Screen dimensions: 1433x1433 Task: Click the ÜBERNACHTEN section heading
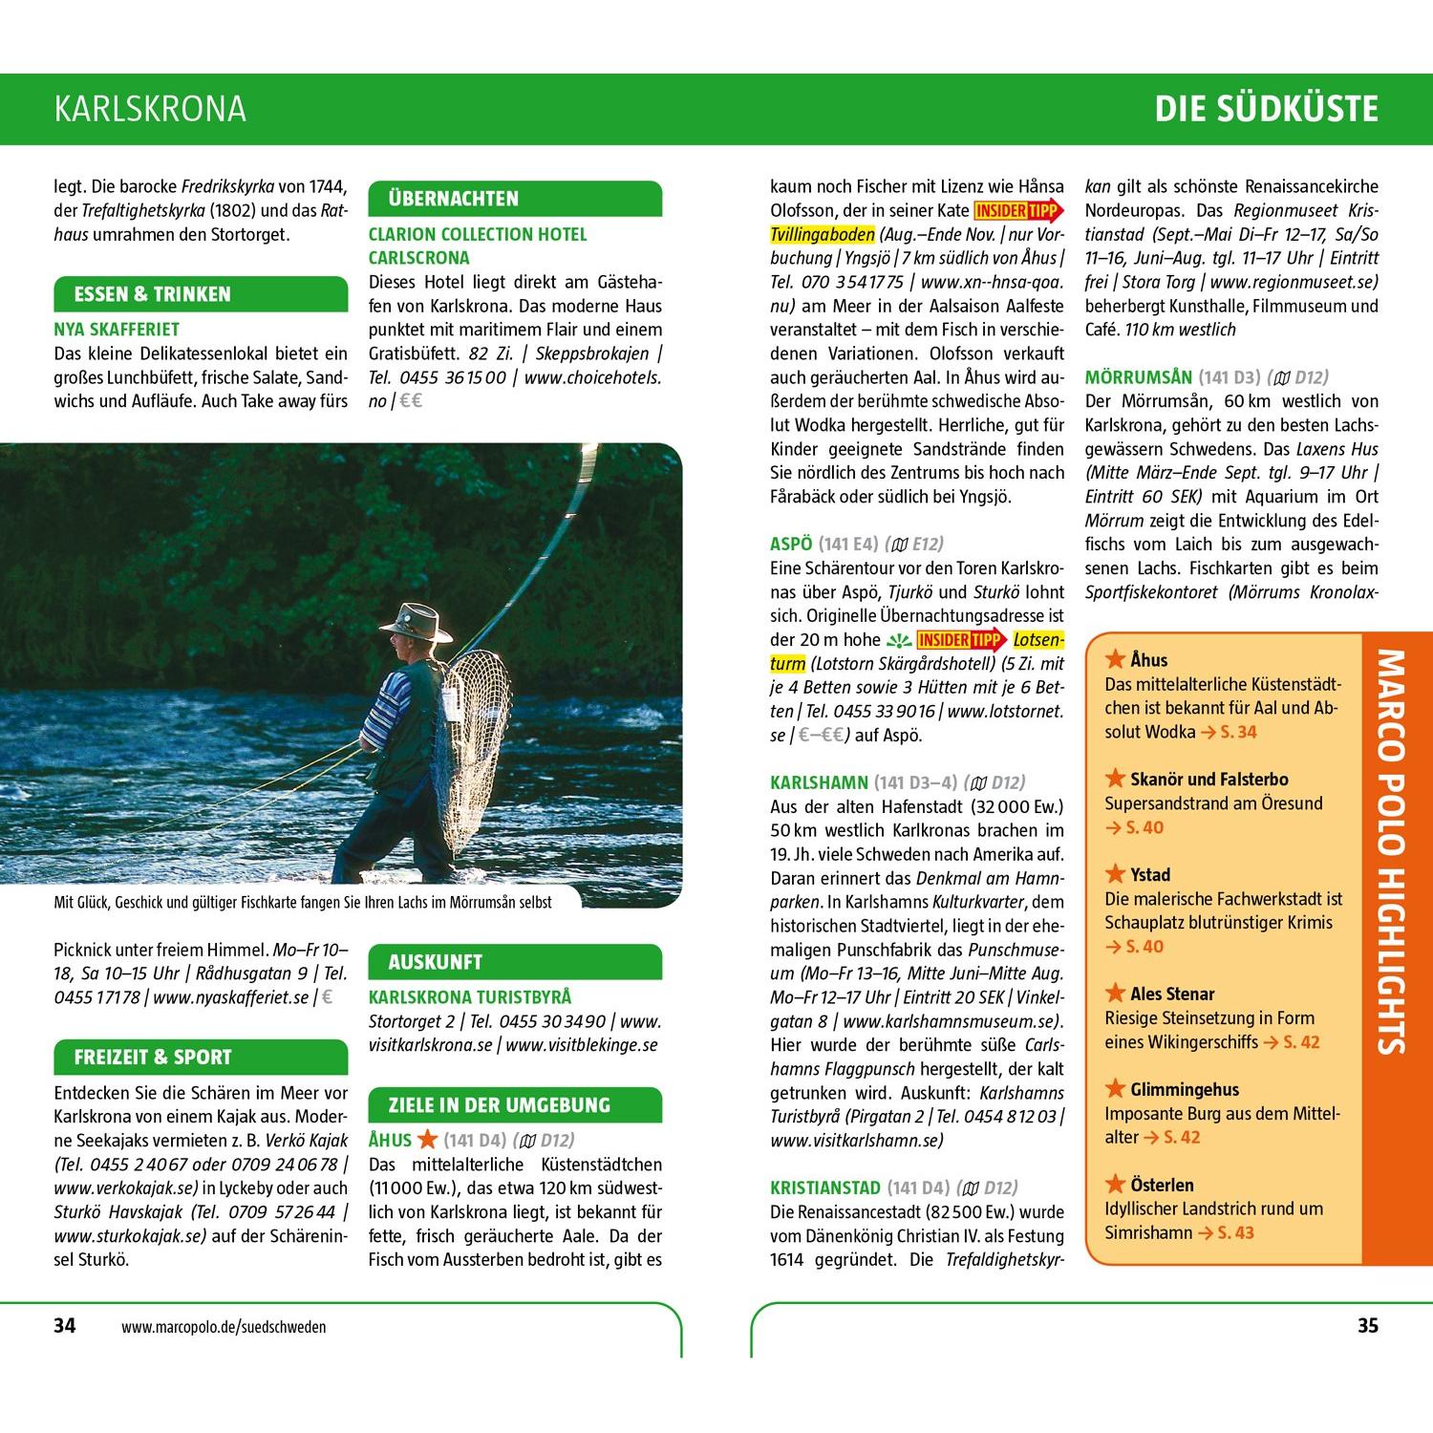pyautogui.click(x=454, y=199)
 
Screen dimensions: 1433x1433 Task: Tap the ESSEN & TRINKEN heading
pyautogui.click(x=153, y=294)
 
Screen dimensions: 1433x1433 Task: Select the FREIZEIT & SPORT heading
pyautogui.click(x=153, y=1058)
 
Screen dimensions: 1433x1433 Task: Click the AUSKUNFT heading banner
pyautogui.click(x=436, y=962)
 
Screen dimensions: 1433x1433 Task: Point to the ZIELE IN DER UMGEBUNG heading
pyautogui.click(x=499, y=1105)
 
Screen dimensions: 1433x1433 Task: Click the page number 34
pyautogui.click(x=64, y=1325)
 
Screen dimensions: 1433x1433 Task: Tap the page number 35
pyautogui.click(x=1367, y=1325)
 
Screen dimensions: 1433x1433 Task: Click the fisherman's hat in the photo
pyautogui.click(x=416, y=621)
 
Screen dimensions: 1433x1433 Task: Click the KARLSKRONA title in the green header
pyautogui.click(x=150, y=109)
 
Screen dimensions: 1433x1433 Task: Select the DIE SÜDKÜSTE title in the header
pyautogui.click(x=1266, y=109)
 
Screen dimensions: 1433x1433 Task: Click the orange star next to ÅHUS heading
pyautogui.click(x=427, y=1139)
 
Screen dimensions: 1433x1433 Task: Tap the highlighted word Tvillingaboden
pyautogui.click(x=823, y=235)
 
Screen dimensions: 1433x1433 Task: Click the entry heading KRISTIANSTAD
pyautogui.click(x=825, y=1187)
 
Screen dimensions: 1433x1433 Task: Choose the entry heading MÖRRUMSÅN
pyautogui.click(x=1139, y=377)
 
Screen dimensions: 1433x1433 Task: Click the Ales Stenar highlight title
pyautogui.click(x=1172, y=994)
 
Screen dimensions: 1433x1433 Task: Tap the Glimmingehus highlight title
pyautogui.click(x=1185, y=1089)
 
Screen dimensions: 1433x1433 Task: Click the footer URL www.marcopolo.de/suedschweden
pyautogui.click(x=224, y=1327)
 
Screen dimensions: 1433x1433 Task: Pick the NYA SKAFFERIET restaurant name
pyautogui.click(x=117, y=330)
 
